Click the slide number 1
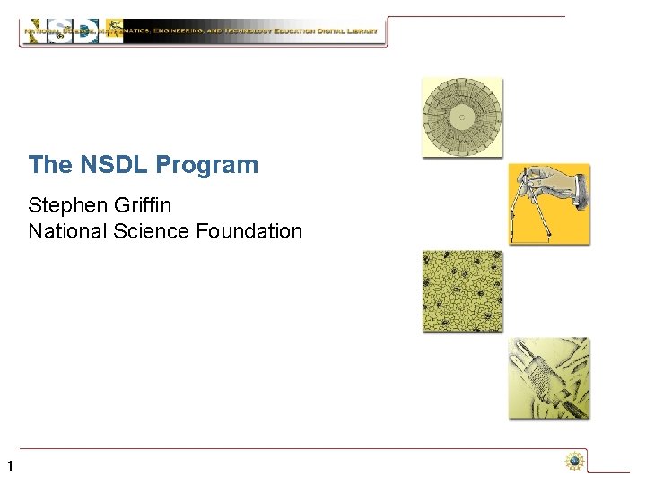tap(9, 466)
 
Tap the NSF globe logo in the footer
tap(574, 462)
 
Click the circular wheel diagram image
tap(462, 117)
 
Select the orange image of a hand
tap(549, 203)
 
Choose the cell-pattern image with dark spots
tap(462, 291)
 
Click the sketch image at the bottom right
tap(549, 377)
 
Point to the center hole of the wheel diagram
tap(462, 117)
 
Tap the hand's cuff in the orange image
tap(578, 187)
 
